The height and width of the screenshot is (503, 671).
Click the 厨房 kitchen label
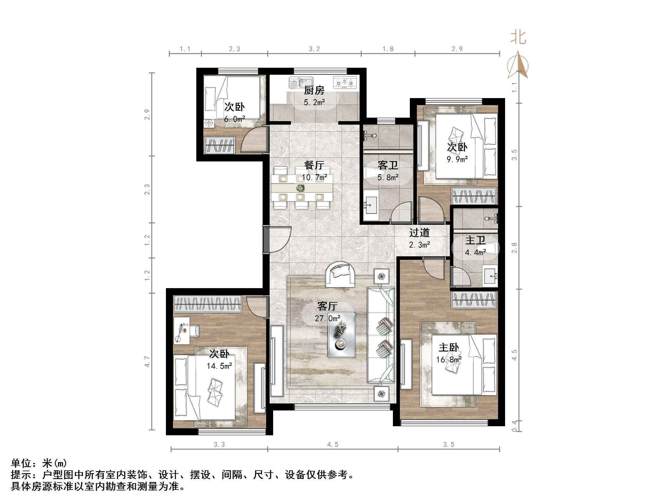click(x=314, y=90)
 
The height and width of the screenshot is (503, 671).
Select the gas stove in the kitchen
click(x=345, y=82)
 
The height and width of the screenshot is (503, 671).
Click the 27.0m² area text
click(x=327, y=318)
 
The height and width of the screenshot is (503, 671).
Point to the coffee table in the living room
click(x=341, y=335)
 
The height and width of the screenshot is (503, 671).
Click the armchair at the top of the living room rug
click(x=340, y=274)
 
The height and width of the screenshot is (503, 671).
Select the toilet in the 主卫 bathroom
click(x=491, y=248)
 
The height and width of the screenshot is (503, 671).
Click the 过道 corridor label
click(x=419, y=233)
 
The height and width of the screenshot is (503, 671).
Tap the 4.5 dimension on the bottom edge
click(x=332, y=445)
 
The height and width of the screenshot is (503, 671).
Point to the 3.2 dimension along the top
click(x=314, y=49)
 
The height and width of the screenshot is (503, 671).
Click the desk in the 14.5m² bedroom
click(x=182, y=330)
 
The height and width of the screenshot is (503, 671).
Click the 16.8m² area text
click(x=449, y=360)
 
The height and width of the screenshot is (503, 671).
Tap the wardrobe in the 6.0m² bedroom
click(x=220, y=145)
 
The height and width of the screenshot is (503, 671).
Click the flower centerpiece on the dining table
click(x=300, y=188)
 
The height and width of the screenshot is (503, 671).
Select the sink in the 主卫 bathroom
click(x=490, y=276)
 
